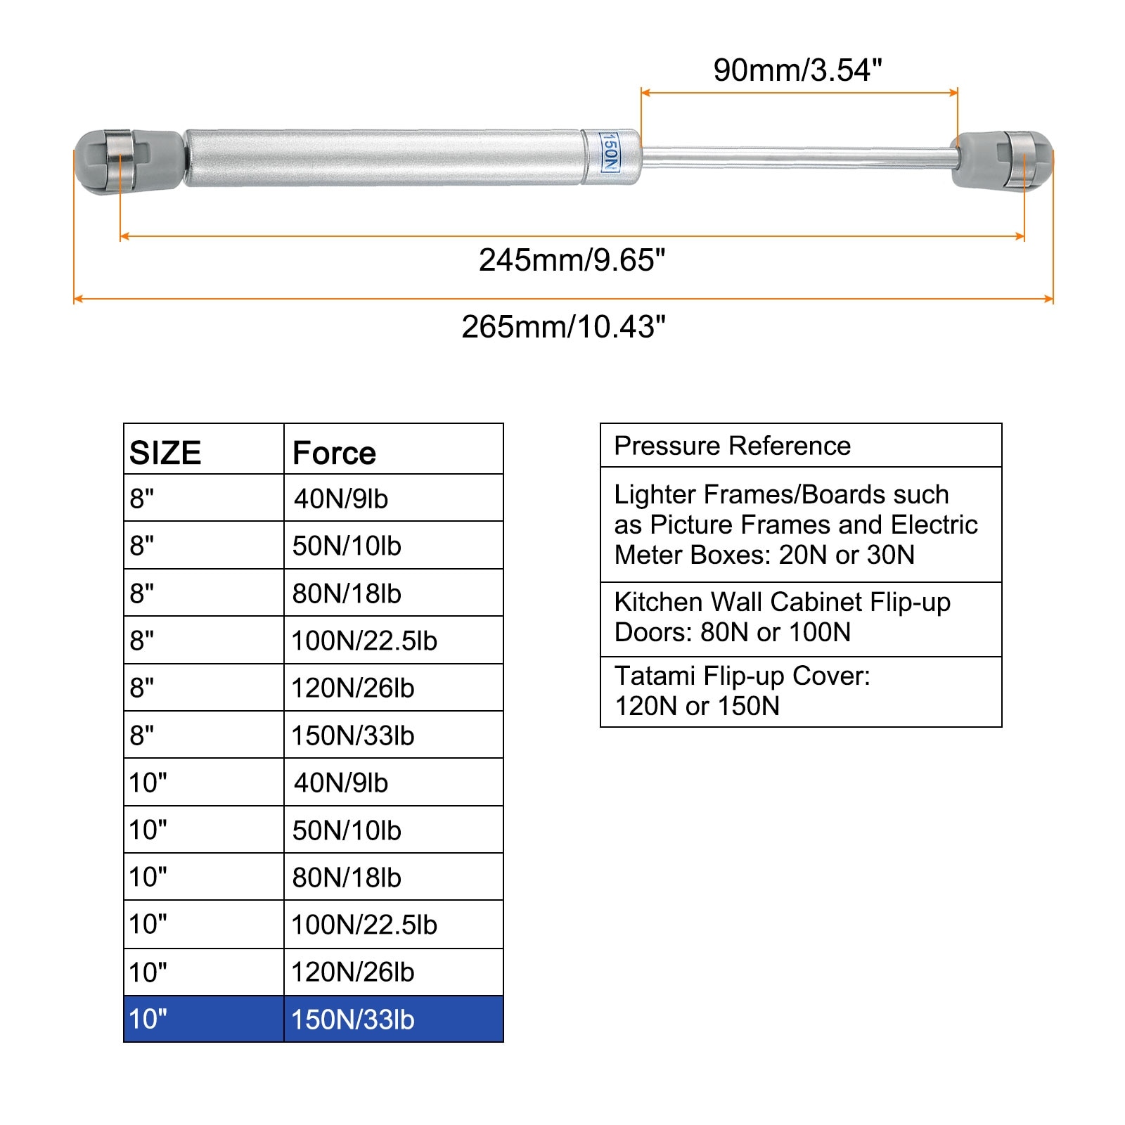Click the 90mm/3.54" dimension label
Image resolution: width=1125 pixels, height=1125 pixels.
coord(797,70)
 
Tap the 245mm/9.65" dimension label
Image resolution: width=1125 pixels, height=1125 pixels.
coord(572,260)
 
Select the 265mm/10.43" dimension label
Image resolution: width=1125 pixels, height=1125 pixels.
coord(563,327)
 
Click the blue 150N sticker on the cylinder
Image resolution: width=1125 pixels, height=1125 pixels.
coord(610,152)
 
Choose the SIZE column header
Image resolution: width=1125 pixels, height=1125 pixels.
coord(165,453)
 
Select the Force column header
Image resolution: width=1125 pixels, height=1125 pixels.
coord(334,453)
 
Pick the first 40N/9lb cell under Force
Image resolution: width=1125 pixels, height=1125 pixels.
coord(341,499)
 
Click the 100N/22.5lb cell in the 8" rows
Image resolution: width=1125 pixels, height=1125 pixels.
coord(364,641)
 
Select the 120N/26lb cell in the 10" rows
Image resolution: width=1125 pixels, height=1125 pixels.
coord(353,972)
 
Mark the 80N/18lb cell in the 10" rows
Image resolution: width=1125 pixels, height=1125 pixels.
coord(347,877)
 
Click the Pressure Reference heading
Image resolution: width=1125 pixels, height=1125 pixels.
coord(732,446)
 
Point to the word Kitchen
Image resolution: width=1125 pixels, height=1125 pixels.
coord(657,602)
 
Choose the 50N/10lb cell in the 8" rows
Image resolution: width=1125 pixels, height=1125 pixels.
coord(347,546)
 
